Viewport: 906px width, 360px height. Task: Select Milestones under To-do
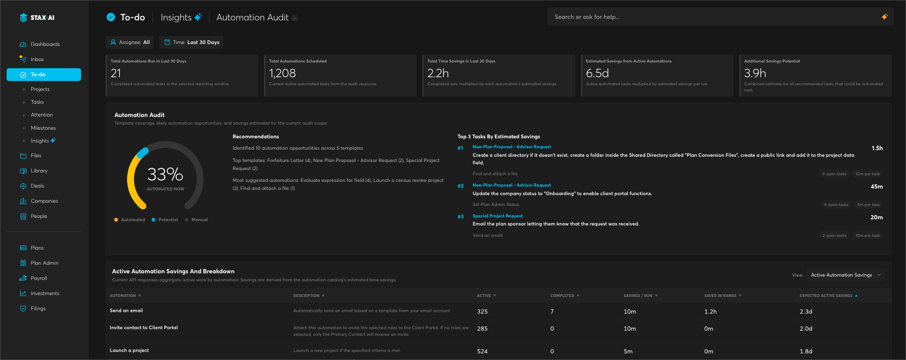click(x=43, y=128)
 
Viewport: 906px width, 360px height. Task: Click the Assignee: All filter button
click(x=130, y=42)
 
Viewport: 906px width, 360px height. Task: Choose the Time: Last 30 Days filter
click(x=191, y=42)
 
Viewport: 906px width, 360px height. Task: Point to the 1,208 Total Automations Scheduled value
click(x=282, y=73)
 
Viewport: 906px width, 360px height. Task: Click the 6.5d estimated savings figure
click(x=598, y=73)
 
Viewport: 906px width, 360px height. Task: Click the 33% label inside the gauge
click(x=165, y=174)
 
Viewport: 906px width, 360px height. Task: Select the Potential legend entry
click(x=165, y=220)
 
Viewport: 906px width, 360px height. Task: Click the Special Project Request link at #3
click(x=498, y=216)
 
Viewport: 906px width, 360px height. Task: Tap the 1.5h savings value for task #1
click(x=877, y=148)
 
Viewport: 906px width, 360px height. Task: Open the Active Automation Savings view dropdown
click(x=846, y=275)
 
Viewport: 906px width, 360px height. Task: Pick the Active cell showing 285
click(x=482, y=329)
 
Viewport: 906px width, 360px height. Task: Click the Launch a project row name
click(x=129, y=351)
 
